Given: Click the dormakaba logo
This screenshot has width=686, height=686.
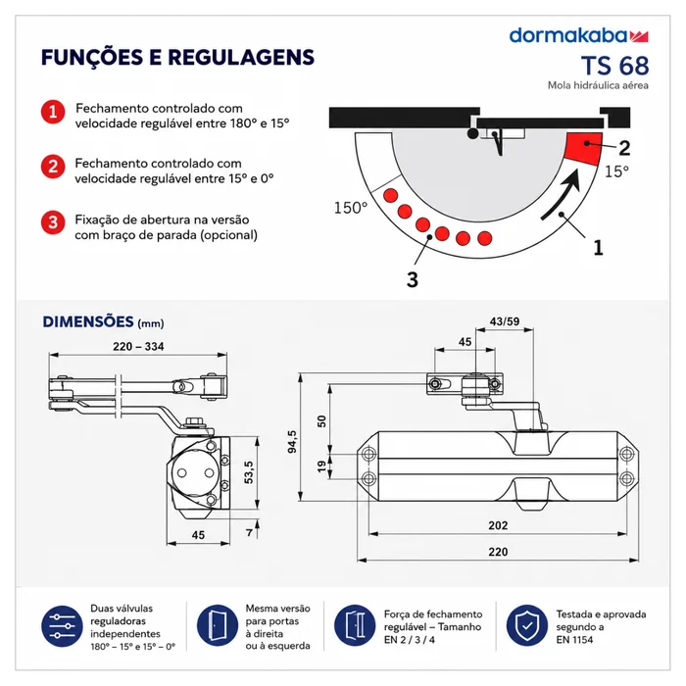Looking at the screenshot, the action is coord(578,35).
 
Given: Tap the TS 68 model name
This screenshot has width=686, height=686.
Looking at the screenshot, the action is coord(614,66).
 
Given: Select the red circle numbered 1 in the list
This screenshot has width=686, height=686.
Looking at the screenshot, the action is coord(53,112).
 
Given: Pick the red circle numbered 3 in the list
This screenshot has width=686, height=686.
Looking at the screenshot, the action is coord(53,222).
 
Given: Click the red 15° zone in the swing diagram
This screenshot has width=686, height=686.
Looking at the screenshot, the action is coord(583,148).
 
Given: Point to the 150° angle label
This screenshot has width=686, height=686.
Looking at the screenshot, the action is coord(351,208).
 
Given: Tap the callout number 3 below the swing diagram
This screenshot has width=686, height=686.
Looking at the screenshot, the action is coord(413,279).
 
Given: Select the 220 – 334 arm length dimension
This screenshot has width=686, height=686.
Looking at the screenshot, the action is coord(138,347).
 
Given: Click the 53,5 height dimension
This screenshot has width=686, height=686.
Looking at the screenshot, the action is coord(249,472).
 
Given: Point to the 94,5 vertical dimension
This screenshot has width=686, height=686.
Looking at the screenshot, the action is coord(292,441).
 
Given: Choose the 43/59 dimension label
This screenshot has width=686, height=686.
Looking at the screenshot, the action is coord(505,321).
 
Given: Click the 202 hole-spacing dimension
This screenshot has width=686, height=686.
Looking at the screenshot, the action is coord(498,525).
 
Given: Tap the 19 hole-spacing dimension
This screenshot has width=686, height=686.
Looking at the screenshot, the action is coord(321,466).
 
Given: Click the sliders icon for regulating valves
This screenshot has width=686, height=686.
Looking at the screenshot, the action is coord(62,626).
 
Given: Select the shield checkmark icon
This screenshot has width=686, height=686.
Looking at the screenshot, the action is coord(527,625).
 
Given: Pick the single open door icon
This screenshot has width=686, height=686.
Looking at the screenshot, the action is coord(218,625).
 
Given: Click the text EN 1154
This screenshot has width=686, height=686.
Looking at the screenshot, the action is coord(574,640).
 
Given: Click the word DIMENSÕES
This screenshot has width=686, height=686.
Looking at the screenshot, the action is coord(88,322).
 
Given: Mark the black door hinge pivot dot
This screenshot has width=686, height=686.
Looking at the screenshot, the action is coord(472,133).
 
